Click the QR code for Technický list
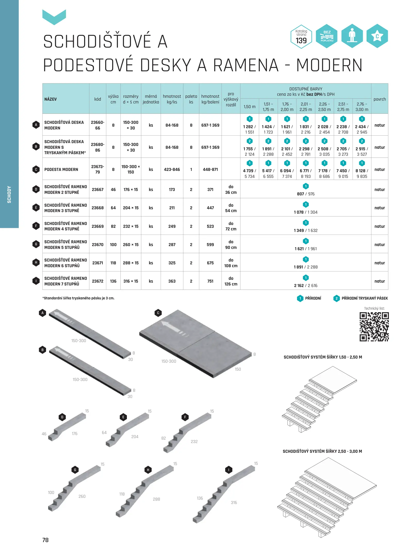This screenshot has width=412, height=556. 374,327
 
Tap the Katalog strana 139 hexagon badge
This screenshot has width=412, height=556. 301,37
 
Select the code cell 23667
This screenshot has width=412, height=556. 98,189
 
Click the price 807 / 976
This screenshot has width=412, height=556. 306,194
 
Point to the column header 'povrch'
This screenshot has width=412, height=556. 380,99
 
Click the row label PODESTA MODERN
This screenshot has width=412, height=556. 61,169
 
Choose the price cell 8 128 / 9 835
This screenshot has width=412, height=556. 362,173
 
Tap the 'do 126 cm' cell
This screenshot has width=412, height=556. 231,281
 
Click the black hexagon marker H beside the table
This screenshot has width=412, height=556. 36,262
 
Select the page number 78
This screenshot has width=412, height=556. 46,540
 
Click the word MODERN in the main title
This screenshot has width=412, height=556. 329,65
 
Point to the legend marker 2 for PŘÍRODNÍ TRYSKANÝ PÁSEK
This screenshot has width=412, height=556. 336,298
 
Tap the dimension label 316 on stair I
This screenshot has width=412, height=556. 234,502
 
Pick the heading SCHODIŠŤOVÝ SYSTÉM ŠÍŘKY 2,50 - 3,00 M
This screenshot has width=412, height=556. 322,451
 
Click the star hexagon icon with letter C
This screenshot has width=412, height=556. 377,36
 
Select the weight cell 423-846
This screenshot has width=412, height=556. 172,169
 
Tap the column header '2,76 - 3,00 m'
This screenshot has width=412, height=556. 362,107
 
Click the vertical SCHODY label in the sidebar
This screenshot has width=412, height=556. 9,195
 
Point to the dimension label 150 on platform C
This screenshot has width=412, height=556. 238,369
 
